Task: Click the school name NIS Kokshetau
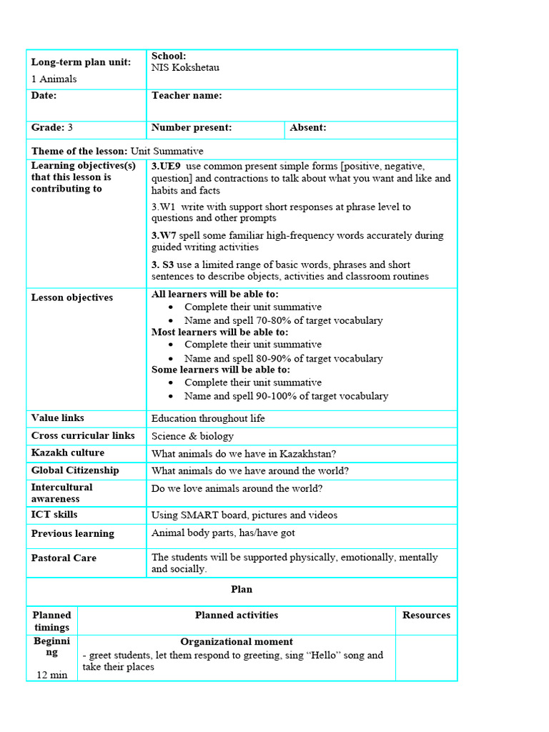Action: [185, 68]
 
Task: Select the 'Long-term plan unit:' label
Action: [81, 62]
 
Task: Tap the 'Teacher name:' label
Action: [187, 96]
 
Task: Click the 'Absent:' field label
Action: [308, 128]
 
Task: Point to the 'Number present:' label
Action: [192, 128]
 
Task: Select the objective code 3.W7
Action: [164, 235]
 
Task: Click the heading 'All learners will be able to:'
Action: [215, 295]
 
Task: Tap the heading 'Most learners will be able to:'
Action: [219, 332]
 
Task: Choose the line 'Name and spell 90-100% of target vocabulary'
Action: [286, 396]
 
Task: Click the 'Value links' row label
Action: [58, 418]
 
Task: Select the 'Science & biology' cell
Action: [192, 436]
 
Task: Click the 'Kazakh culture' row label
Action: [67, 453]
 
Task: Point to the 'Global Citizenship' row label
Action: [75, 470]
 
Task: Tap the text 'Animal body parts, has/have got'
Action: [223, 533]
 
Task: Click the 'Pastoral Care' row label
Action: [64, 558]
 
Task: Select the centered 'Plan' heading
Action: [242, 590]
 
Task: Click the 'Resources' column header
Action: [426, 615]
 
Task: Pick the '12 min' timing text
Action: [51, 676]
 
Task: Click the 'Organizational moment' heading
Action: [237, 642]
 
